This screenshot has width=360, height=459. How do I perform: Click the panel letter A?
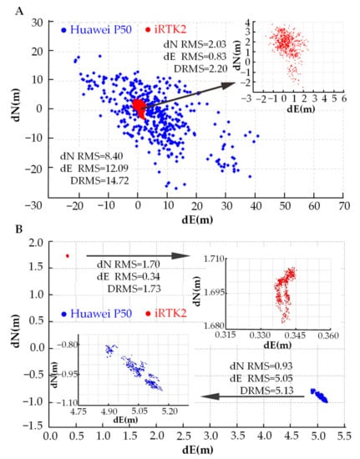19,12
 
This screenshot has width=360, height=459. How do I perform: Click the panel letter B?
19,229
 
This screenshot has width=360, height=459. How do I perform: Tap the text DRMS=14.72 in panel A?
99,181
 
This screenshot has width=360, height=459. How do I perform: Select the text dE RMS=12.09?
94,169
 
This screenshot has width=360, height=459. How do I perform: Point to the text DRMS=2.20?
200,68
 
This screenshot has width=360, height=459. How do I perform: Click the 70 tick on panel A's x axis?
344,206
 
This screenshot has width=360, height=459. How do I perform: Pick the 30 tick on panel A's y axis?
37,23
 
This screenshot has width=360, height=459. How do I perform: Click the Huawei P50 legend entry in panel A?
97,30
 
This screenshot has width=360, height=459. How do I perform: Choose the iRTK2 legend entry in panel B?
166,314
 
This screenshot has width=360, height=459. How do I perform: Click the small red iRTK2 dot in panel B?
68,256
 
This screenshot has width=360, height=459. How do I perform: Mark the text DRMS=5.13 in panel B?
266,391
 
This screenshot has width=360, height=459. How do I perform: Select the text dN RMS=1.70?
129,265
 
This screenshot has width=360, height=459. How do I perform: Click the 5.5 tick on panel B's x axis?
344,436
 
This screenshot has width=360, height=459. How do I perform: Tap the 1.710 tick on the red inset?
215,259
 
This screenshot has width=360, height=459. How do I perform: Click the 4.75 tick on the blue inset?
79,411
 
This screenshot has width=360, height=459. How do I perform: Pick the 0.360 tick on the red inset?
331,335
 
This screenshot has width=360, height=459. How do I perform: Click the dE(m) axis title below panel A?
197,219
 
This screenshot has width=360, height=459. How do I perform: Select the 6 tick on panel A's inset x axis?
344,99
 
